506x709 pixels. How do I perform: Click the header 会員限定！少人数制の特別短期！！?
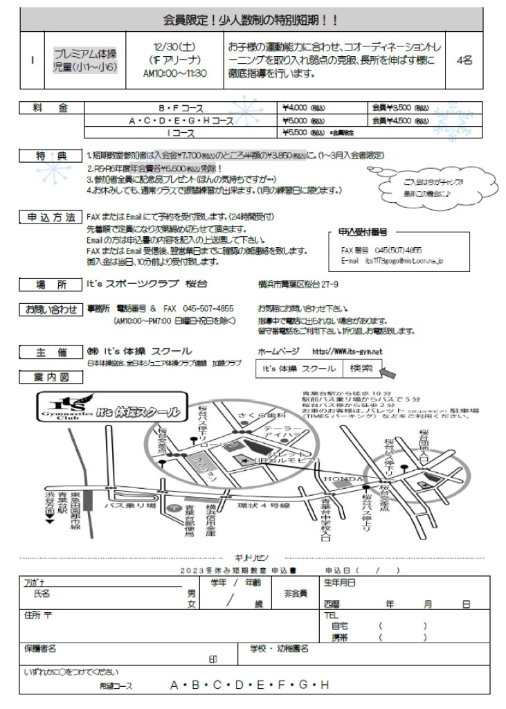(x=252, y=19)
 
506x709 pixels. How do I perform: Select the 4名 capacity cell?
(x=464, y=60)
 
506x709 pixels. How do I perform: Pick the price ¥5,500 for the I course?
(x=296, y=131)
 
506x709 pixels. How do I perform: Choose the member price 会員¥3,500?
(x=392, y=107)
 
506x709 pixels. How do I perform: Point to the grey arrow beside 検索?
(x=389, y=373)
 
